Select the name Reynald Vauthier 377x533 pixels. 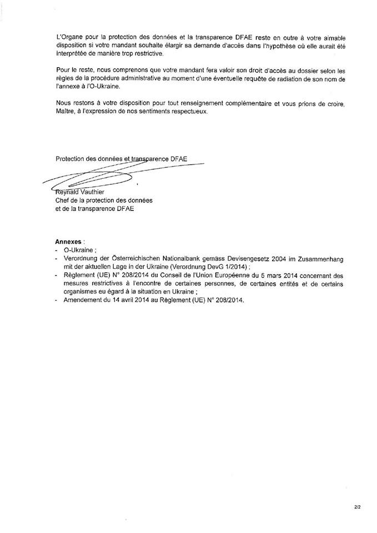pyautogui.click(x=77, y=192)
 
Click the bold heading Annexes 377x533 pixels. pyautogui.click(x=69, y=242)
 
